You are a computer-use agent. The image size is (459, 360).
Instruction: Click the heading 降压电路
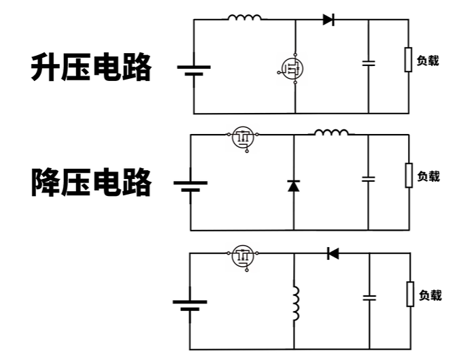click(x=91, y=182)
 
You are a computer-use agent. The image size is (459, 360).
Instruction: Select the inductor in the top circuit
click(x=244, y=18)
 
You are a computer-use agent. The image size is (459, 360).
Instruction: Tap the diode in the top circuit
click(x=328, y=20)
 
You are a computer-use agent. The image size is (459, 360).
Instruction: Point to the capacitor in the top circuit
click(x=369, y=63)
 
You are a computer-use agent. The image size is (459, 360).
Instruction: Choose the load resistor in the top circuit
click(x=408, y=59)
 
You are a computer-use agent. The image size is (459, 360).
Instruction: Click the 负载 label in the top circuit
click(x=427, y=61)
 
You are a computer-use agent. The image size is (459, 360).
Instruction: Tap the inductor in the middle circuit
click(x=331, y=133)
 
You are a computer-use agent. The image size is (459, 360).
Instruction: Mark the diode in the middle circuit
click(x=294, y=185)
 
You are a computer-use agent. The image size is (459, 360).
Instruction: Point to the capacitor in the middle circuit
click(x=369, y=179)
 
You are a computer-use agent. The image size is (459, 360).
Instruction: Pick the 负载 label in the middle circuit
click(x=428, y=176)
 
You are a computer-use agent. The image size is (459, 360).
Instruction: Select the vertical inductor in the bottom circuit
click(x=294, y=304)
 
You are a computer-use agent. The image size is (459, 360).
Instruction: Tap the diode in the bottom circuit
click(x=333, y=254)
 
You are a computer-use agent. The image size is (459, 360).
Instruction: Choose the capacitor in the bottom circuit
click(x=369, y=297)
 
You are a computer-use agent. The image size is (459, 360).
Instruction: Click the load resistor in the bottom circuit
click(x=410, y=294)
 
